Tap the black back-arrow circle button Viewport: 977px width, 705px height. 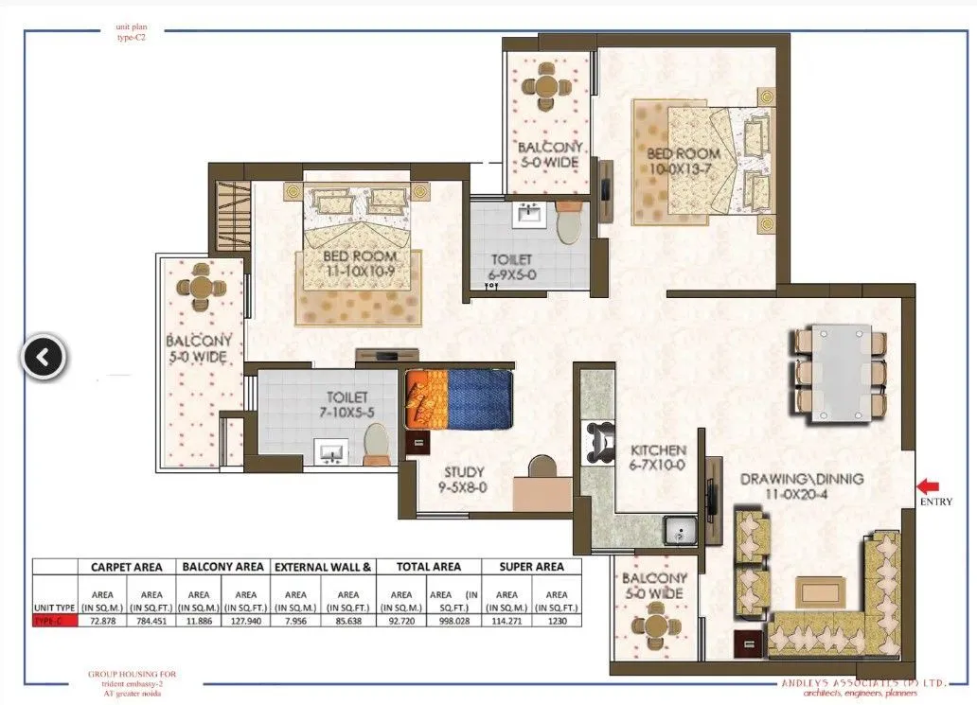[x=44, y=358]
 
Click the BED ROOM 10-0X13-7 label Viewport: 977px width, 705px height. [x=684, y=161]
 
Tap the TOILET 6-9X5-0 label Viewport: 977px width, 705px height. [x=511, y=266]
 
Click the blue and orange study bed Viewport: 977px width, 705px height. [x=458, y=398]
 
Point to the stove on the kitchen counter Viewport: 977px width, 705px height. [x=599, y=441]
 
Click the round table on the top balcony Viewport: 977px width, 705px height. [x=546, y=86]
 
